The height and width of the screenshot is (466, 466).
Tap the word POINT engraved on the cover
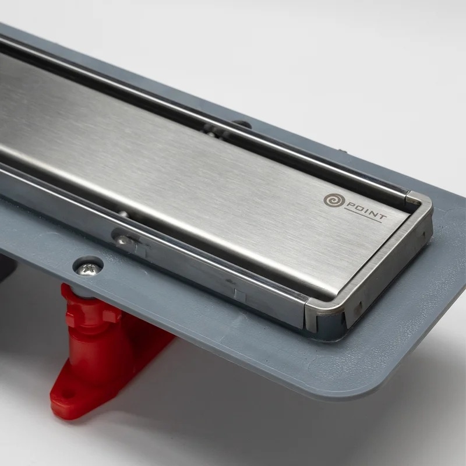click(365, 210)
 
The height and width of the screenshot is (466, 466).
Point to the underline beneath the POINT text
click(362, 216)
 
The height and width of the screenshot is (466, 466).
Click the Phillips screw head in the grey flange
click(87, 270)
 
